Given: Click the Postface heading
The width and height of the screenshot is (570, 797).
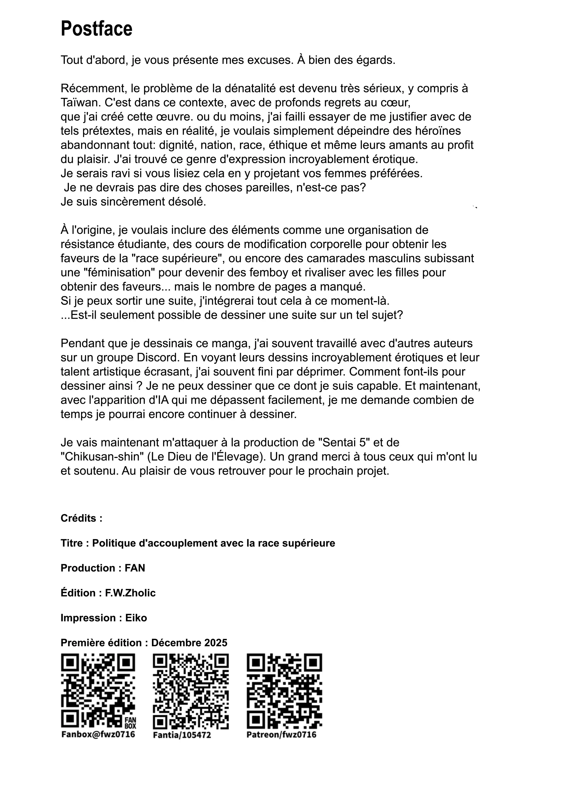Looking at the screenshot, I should (97, 29).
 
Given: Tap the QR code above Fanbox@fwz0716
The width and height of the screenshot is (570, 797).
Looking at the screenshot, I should (98, 690).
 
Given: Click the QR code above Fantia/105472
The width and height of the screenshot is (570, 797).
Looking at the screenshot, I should (191, 691).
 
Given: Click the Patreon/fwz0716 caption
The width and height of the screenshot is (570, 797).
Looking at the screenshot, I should (282, 734).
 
